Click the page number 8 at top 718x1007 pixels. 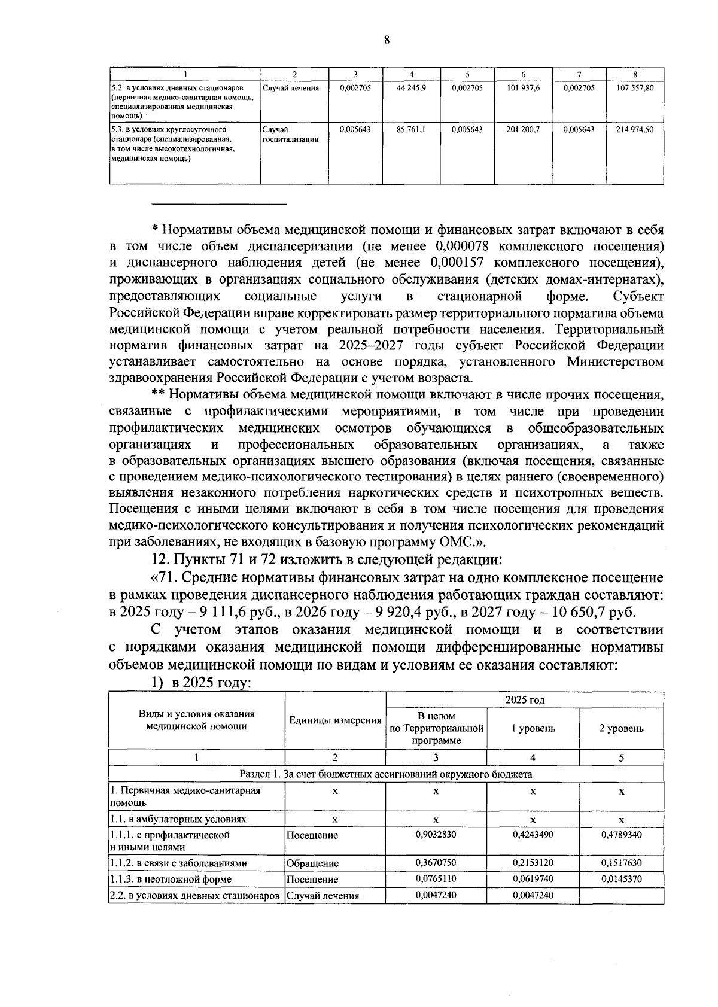pyautogui.click(x=387, y=40)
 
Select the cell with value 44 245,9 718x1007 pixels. pyautogui.click(x=411, y=88)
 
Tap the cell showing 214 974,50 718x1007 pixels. pyautogui.click(x=634, y=129)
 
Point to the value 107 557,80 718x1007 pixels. pyautogui.click(x=634, y=88)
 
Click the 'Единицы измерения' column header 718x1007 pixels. pyautogui.click(x=335, y=720)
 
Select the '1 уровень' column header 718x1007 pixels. pyautogui.click(x=533, y=728)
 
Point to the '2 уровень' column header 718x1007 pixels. pyautogui.click(x=621, y=728)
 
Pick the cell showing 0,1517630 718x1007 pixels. pyautogui.click(x=621, y=862)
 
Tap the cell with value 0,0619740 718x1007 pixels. pyautogui.click(x=533, y=878)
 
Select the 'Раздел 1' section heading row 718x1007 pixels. pyautogui.click(x=385, y=774)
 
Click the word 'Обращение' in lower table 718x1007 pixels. pyautogui.click(x=312, y=863)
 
